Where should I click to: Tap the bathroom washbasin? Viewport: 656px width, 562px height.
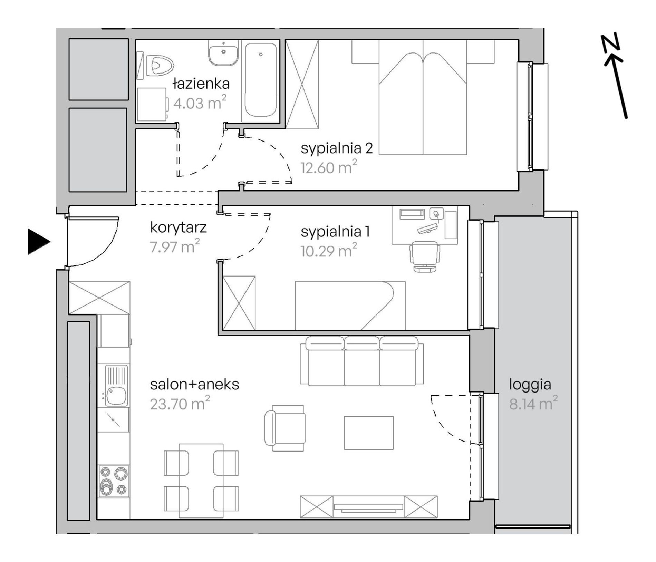tap(223, 53)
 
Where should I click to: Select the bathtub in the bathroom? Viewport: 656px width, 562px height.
tap(261, 81)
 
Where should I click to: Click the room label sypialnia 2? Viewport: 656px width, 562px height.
tap(337, 148)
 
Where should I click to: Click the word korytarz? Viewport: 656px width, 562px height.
tap(178, 227)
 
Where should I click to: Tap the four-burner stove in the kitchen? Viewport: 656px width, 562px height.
tap(114, 482)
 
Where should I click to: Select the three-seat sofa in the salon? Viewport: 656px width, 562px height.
tap(362, 361)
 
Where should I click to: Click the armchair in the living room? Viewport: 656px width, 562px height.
tap(285, 428)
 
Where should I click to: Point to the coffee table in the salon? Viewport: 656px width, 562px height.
tap(369, 433)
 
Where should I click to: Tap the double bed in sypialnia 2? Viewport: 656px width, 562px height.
tap(423, 97)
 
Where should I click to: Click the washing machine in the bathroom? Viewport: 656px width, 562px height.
tap(152, 104)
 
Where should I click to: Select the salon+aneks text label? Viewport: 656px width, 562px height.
tap(195, 384)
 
